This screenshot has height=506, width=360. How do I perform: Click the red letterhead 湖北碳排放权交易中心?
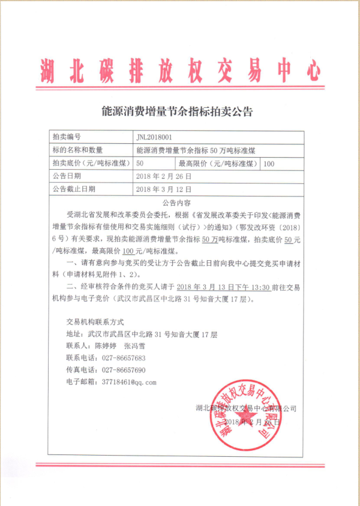point(180,71)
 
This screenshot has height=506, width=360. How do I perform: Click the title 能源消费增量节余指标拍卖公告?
point(179,112)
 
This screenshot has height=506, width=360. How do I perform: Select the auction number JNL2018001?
point(158,137)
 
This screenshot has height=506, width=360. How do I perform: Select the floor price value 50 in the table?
point(140,163)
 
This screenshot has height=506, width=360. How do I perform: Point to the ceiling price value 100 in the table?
point(269,163)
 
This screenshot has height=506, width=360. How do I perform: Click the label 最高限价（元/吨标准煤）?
point(218,163)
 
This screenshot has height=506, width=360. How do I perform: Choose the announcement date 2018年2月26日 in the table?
point(164,176)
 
